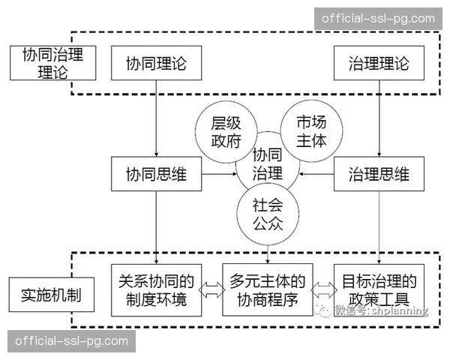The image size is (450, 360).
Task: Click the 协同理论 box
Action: [155, 64]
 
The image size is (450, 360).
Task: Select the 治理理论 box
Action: [379, 64]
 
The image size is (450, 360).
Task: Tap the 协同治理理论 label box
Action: [52, 62]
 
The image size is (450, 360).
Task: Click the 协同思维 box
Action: [155, 175]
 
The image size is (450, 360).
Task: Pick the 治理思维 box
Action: [379, 175]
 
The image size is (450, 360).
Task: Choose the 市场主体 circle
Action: [311, 130]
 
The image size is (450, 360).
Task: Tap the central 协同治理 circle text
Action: [268, 166]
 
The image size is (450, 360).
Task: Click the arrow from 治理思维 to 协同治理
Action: [316, 175]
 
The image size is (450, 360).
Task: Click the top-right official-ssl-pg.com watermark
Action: [377, 19]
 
